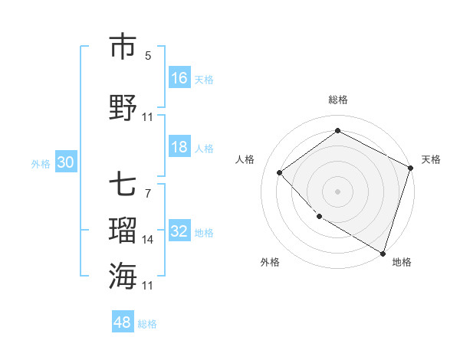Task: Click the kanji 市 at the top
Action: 123,47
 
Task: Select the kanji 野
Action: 123,107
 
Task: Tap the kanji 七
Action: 123,185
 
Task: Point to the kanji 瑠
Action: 123,231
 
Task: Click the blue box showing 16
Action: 179,78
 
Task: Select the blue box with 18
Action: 179,148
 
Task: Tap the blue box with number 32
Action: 179,232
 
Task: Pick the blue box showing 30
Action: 65,163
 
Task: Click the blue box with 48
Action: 123,322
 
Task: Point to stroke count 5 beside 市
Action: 148,56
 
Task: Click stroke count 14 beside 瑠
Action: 148,240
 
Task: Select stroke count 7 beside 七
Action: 148,193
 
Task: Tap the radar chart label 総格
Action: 338,100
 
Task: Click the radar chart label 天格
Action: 431,159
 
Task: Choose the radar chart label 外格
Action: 270,262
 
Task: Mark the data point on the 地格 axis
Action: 383,252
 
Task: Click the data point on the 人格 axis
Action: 280,172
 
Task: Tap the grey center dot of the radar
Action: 338,191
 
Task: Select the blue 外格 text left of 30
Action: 41,164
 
